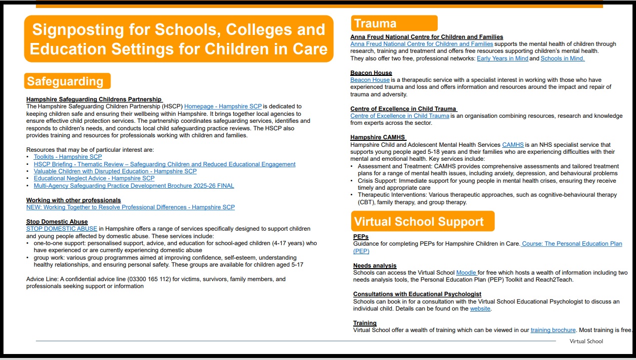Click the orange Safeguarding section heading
(x=67, y=81)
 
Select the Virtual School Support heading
(x=422, y=222)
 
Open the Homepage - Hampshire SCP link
(x=223, y=106)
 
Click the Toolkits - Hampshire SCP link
(x=67, y=157)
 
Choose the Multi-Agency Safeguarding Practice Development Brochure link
(x=134, y=186)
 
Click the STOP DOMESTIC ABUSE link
(x=62, y=229)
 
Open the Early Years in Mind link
(x=502, y=58)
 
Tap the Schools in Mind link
(x=562, y=58)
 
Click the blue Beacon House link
(x=370, y=80)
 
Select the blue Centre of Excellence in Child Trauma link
(x=400, y=116)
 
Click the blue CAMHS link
(x=513, y=145)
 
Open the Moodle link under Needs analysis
(x=466, y=273)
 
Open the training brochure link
(x=553, y=330)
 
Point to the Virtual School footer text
(x=586, y=342)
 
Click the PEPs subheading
(x=361, y=237)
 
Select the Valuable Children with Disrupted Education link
(x=115, y=171)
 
